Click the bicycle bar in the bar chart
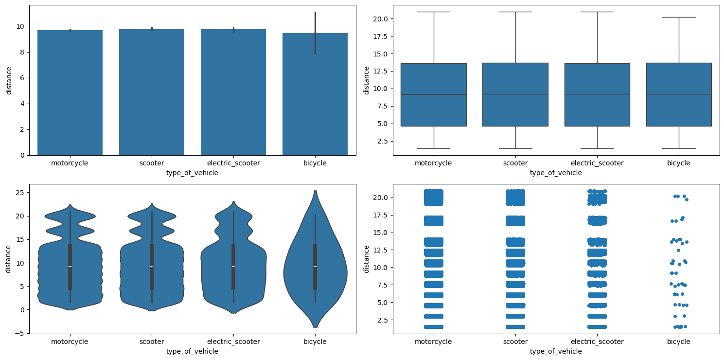[x=315, y=97]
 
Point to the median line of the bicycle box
[x=679, y=94]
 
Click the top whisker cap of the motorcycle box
[x=433, y=12]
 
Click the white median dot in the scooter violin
[x=152, y=267]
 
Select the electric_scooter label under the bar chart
[x=233, y=163]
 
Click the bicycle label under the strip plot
[x=679, y=342]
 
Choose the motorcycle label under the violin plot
[x=70, y=342]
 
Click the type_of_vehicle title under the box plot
[x=556, y=173]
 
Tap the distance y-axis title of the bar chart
[x=9, y=80]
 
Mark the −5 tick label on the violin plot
[x=21, y=333]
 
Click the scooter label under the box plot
[x=515, y=163]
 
